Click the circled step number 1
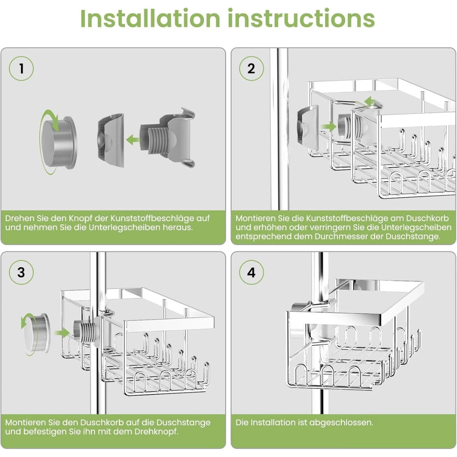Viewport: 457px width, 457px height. tap(21, 69)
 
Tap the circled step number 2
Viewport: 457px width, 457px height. tap(251, 69)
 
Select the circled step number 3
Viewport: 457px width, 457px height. tap(21, 272)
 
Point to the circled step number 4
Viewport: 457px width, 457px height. tap(251, 272)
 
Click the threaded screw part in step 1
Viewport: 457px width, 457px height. tap(154, 139)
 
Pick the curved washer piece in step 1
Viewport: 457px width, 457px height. tap(110, 141)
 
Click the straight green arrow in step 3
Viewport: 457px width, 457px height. tap(62, 333)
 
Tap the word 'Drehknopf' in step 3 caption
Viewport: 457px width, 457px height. tap(157, 431)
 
